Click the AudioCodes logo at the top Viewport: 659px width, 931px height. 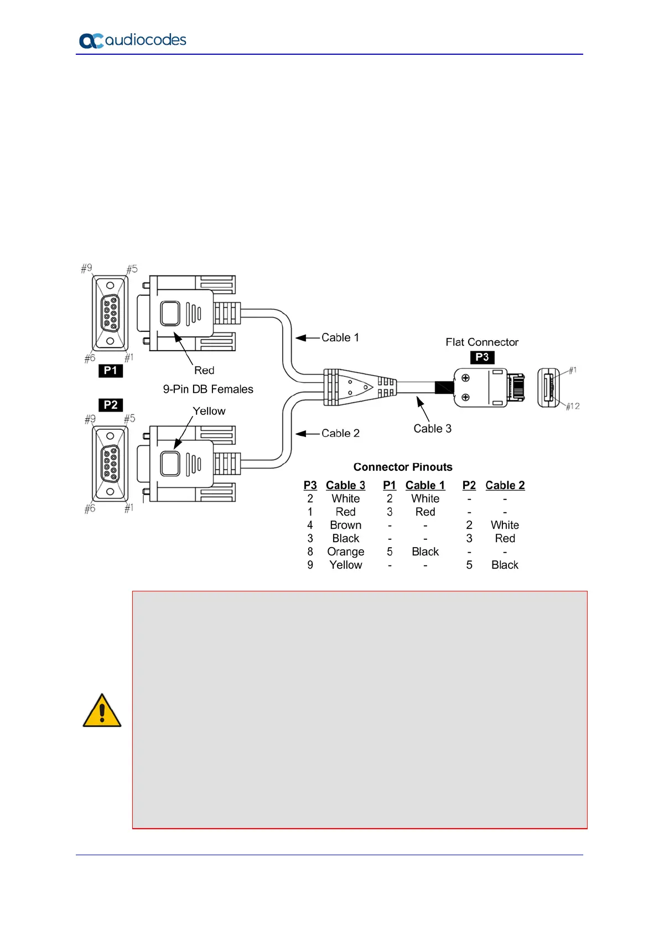tap(133, 40)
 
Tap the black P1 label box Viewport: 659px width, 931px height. tap(111, 371)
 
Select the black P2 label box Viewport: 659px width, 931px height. tap(111, 405)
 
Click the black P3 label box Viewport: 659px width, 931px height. tap(482, 357)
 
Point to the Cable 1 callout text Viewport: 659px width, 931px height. tap(340, 337)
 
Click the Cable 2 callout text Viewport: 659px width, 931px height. tap(340, 433)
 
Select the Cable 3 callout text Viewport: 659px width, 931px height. tap(432, 429)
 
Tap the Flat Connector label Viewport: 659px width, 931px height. tap(482, 342)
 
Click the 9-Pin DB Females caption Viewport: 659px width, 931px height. tap(208, 389)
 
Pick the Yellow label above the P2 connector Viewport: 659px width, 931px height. tap(209, 411)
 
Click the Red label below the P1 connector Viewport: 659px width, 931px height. tap(204, 371)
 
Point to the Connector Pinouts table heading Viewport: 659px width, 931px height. tap(403, 467)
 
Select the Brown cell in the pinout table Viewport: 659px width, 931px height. tap(345, 525)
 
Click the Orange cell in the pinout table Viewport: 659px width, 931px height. tap(345, 552)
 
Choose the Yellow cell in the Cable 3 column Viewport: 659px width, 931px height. tap(345, 565)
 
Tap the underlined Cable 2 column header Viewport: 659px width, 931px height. tap(505, 485)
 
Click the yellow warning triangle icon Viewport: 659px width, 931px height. tap(102, 711)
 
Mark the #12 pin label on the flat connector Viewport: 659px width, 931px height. tap(573, 406)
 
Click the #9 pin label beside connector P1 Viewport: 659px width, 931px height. tap(87, 268)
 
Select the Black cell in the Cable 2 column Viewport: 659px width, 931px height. tap(505, 565)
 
